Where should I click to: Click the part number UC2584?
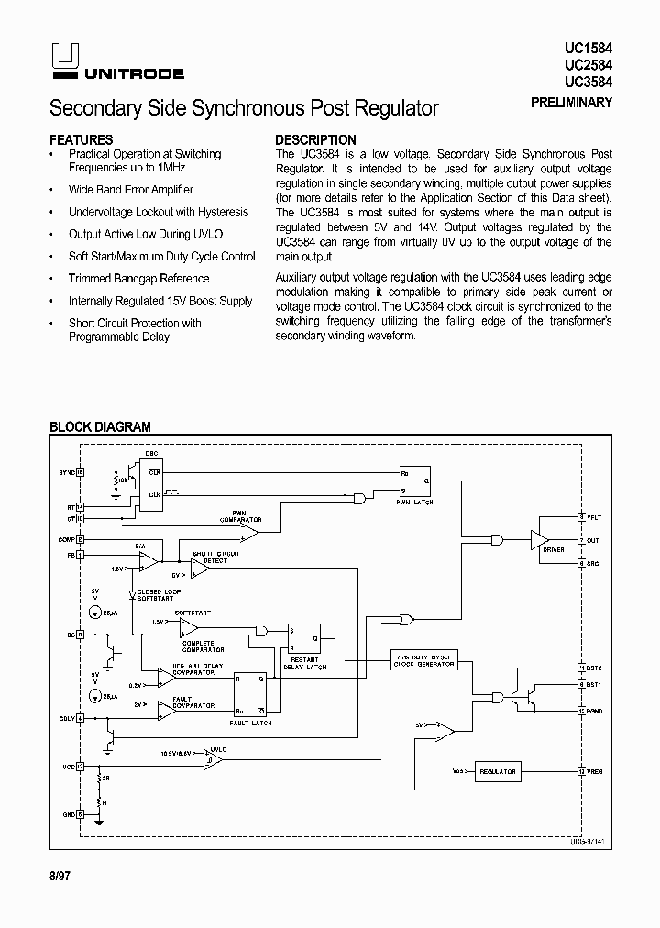point(588,65)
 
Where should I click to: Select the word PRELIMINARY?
point(571,103)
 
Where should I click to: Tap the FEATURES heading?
point(82,140)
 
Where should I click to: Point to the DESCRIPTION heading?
point(316,140)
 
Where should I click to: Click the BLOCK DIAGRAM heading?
point(100,426)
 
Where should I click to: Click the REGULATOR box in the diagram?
point(497,772)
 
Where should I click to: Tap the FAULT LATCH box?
point(250,694)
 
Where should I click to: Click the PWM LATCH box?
point(413,483)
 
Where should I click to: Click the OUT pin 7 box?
point(581,540)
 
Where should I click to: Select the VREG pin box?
point(581,772)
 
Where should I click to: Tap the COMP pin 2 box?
point(81,540)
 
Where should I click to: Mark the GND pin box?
point(81,812)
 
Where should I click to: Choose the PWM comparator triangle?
point(250,532)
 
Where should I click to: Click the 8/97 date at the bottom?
point(60,876)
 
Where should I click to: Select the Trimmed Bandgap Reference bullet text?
point(138,279)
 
